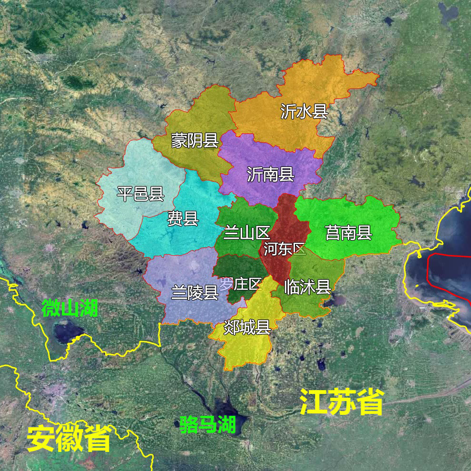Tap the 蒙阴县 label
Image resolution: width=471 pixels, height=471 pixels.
pos(195,140)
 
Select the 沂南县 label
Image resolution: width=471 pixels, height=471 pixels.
pos(270,174)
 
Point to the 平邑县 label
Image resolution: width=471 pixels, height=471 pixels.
pos(140,194)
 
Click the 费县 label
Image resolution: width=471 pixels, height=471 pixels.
pos(183,218)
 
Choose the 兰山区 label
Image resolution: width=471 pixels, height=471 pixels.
pos(246,233)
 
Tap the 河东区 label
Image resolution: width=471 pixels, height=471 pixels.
pos(285,248)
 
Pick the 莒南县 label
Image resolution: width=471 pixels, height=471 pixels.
pos(348,233)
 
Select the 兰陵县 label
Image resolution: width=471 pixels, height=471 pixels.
pos(195,292)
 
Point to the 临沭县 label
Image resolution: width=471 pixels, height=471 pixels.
pos(307,287)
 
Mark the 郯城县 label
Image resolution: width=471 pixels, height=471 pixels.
pos(247,327)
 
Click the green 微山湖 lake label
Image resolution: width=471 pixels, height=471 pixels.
pos(69,308)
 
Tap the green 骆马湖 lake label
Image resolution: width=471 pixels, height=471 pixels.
pos(208,424)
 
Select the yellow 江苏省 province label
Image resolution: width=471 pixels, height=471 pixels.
pos(342,402)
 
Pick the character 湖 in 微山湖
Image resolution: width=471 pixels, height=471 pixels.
pos(88,308)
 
